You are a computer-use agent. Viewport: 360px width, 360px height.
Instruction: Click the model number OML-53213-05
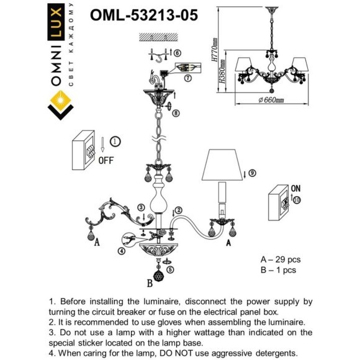tap(144, 15)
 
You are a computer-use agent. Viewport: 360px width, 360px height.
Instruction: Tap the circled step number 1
tap(115, 142)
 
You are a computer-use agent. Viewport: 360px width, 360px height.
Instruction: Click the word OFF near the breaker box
tap(106, 160)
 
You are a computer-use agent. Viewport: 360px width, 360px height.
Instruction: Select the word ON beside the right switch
tap(295, 189)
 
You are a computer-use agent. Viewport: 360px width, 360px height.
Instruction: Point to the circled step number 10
tap(297, 200)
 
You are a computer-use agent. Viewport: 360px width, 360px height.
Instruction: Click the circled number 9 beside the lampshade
tap(252, 173)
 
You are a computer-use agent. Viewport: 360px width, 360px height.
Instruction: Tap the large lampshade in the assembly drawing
tap(222, 164)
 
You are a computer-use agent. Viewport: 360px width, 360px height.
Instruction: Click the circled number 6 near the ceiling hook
tap(178, 53)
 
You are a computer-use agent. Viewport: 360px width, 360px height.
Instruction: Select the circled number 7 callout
tap(188, 78)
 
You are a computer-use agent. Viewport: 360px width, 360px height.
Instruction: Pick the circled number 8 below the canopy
tap(176, 113)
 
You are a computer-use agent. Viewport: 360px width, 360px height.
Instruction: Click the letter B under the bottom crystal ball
tap(150, 283)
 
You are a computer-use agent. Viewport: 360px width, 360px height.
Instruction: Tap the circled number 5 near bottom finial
tap(170, 269)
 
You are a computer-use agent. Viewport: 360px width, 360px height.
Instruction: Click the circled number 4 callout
tap(122, 251)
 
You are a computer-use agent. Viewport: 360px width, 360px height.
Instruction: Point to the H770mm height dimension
tap(214, 50)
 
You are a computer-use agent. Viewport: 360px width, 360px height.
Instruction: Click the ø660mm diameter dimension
tap(271, 100)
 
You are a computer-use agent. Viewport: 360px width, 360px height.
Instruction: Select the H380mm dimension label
tap(222, 71)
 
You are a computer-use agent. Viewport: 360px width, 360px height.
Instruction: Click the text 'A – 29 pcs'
tap(281, 259)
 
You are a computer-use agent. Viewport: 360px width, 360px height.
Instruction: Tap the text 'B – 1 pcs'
tap(278, 270)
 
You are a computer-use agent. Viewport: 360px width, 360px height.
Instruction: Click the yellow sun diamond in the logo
tap(60, 101)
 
